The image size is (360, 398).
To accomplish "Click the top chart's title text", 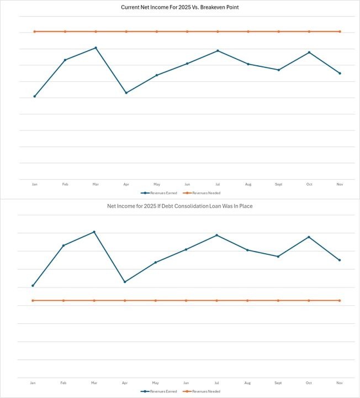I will click(x=180, y=7).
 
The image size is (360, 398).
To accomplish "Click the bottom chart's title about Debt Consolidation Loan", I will click(x=180, y=206).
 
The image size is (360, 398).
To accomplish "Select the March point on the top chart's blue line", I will click(x=96, y=48).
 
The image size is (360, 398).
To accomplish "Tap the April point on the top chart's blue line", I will click(x=126, y=93).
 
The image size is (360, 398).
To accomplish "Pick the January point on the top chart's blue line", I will click(x=35, y=96).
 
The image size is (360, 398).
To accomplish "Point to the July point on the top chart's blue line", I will click(x=218, y=51).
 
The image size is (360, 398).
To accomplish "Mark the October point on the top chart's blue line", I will click(x=309, y=53).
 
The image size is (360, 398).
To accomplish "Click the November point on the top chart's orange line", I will click(x=340, y=32).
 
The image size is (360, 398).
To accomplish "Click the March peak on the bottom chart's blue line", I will click(x=94, y=232).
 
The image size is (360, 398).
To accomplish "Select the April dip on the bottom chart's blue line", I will click(x=125, y=282).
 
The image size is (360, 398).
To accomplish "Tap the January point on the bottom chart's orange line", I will click(x=33, y=300).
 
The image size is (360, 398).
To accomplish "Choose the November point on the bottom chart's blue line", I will click(x=339, y=260).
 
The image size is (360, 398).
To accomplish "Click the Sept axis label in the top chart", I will click(x=278, y=184).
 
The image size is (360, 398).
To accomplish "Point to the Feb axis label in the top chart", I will click(x=65, y=184).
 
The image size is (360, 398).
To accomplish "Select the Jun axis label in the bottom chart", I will click(x=187, y=383).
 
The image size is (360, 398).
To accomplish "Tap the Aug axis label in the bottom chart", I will click(x=247, y=383).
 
